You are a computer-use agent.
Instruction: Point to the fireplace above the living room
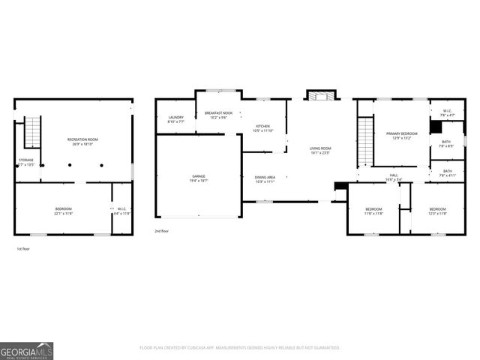pos(320,95)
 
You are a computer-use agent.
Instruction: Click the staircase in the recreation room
pos(31,133)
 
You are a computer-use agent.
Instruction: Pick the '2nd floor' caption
pos(162,231)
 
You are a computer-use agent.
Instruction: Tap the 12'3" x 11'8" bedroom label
pos(437,211)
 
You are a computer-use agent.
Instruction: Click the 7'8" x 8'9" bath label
pos(445,144)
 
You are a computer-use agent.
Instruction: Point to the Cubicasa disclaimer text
pos(240,348)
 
